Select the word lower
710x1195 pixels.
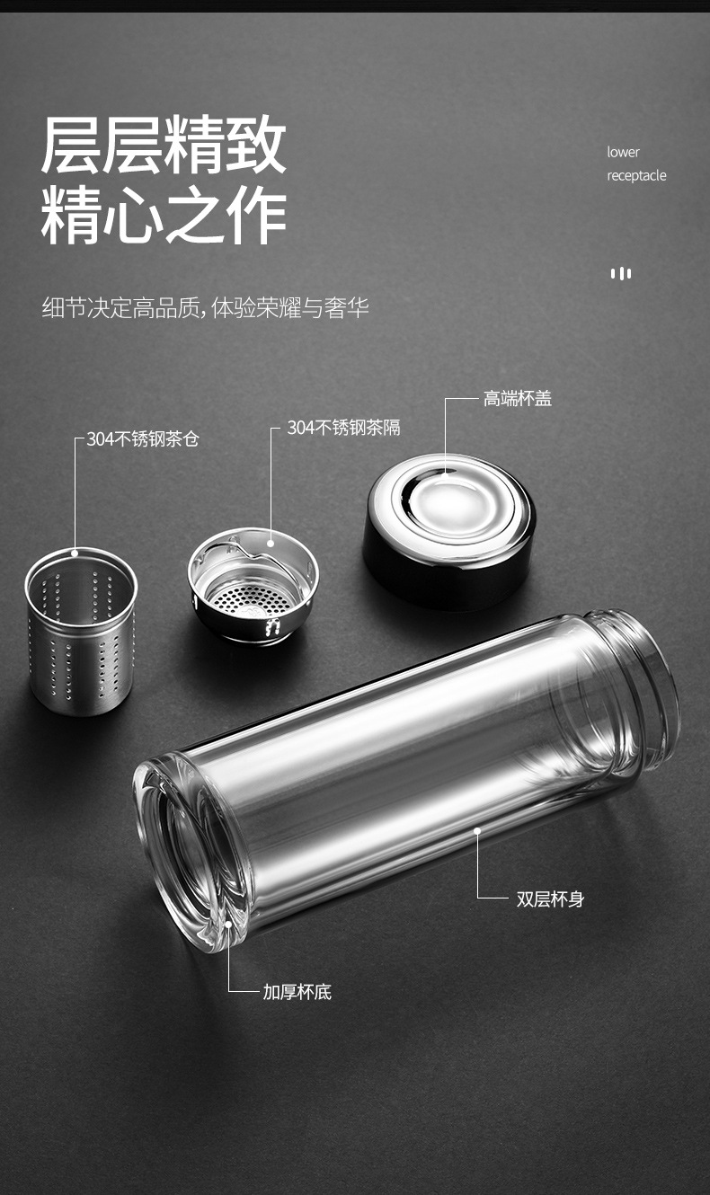pos(623,152)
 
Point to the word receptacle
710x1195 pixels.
pos(636,175)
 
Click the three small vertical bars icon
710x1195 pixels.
pos(621,273)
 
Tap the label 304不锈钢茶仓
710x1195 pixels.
pos(142,439)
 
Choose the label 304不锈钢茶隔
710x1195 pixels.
pos(343,428)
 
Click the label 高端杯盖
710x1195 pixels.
pos(517,399)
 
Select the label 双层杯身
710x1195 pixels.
pos(550,898)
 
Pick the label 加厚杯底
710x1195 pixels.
pos(297,992)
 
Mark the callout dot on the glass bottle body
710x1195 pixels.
pos(477,831)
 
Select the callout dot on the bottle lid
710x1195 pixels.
pos(447,468)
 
